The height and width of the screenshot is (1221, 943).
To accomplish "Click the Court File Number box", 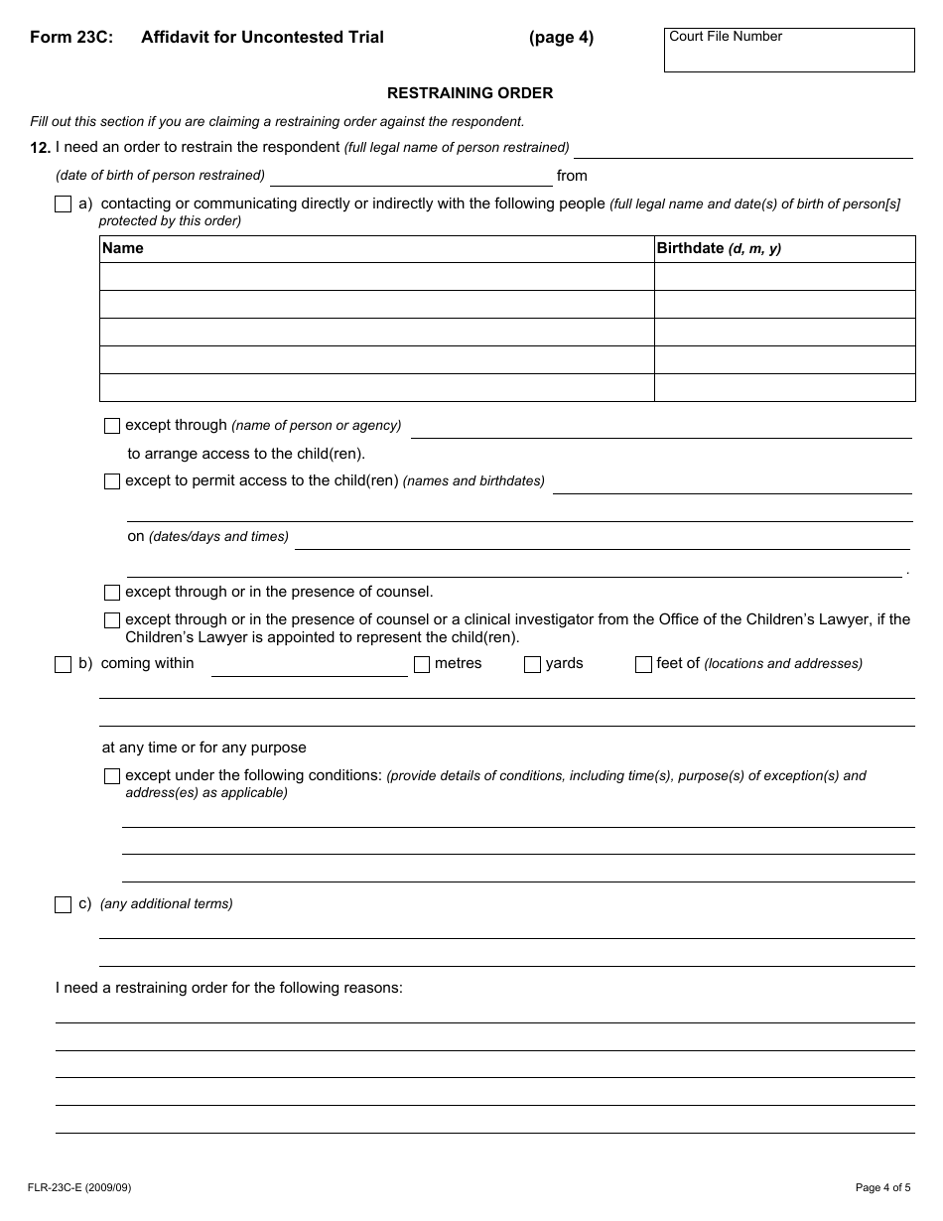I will tap(789, 51).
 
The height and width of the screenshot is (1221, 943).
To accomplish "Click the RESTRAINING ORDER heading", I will tap(470, 93).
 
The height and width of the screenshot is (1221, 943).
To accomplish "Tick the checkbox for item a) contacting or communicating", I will tap(63, 204).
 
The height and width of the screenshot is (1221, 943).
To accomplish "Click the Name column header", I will tap(123, 248).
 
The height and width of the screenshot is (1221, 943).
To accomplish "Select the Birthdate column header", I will tap(719, 248).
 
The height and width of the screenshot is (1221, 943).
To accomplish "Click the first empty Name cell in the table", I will tap(376, 276).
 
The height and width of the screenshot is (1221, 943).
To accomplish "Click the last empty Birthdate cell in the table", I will tap(784, 387).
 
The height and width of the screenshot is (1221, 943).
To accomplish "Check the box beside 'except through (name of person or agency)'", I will tap(112, 426).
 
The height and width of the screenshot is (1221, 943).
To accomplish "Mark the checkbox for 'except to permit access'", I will tap(112, 481).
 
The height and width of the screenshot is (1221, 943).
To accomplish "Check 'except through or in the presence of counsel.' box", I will tap(112, 593).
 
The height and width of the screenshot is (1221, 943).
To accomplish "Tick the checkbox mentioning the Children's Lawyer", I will tap(112, 620).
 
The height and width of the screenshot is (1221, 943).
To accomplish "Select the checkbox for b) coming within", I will tap(63, 664).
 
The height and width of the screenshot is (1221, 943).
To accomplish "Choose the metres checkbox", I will tap(422, 664).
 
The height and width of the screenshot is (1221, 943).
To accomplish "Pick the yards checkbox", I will tap(533, 664).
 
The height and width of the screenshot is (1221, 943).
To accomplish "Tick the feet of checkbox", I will tap(643, 664).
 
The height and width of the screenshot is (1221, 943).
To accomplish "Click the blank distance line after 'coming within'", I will tap(309, 666).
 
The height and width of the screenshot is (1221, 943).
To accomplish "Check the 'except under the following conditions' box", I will tap(112, 776).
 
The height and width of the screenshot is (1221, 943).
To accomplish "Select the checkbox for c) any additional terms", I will tap(63, 904).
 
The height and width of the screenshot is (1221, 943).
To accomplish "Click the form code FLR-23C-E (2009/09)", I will tap(79, 1187).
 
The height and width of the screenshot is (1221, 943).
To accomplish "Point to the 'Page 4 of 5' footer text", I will tap(882, 1187).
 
